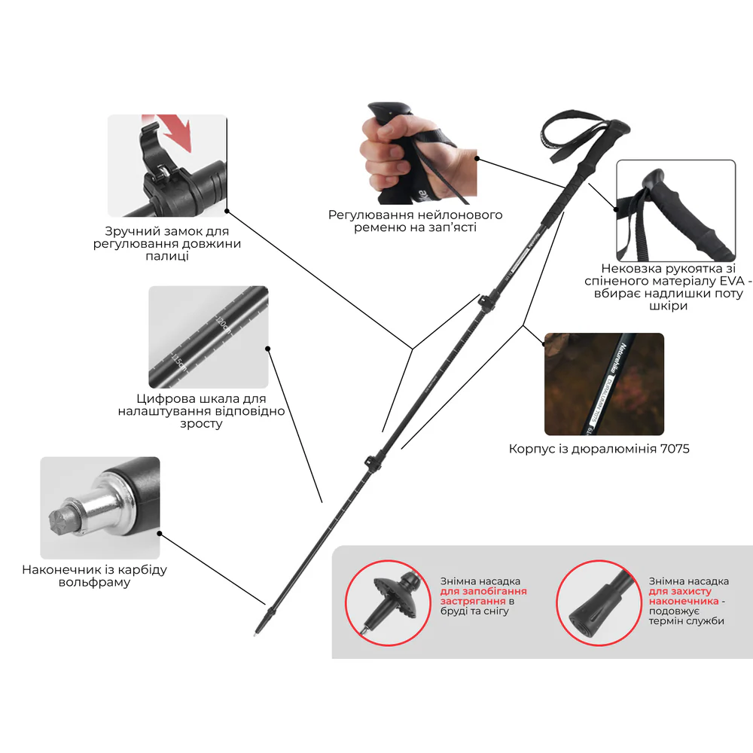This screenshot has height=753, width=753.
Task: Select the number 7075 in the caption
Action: pyautogui.click(x=675, y=449)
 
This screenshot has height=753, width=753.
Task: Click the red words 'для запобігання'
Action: pyautogui.click(x=483, y=591)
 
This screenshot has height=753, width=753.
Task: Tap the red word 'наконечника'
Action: pyautogui.click(x=684, y=601)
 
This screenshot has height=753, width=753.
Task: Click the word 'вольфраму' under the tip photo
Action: pyautogui.click(x=95, y=583)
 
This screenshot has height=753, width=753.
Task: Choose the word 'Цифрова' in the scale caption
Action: pyautogui.click(x=160, y=398)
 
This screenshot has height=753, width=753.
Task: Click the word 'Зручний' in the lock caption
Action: pyautogui.click(x=128, y=231)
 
